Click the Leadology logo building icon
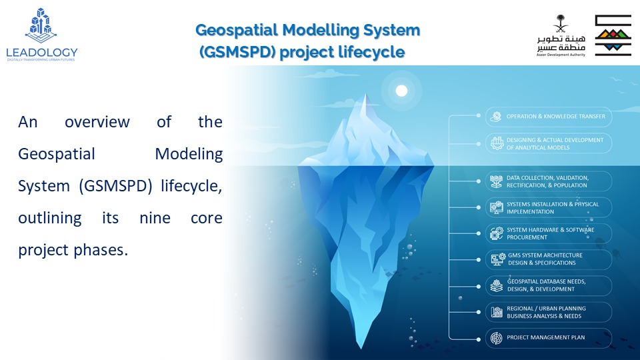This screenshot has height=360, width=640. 41,25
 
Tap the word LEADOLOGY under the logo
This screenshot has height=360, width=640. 41,52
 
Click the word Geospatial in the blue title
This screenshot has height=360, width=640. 236,30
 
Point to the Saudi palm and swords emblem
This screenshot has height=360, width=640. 561,24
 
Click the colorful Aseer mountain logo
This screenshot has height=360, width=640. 613,35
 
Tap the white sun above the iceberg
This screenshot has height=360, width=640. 401,91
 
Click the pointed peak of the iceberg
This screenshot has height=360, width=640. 365,94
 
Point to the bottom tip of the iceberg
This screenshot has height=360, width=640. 361,348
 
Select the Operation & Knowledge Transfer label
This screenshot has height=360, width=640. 556,116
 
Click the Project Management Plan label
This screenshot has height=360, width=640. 546,337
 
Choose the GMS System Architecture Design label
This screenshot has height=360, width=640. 545,259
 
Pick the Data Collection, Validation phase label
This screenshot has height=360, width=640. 547,181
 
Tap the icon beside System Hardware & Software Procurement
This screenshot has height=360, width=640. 497,233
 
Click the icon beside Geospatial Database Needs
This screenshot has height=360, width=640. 496,286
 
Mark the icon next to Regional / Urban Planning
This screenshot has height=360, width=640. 496,312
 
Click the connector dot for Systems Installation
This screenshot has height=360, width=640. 479,207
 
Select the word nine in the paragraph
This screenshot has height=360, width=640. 155,218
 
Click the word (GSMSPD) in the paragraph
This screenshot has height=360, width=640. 115,186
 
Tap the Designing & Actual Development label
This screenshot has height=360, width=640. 555,144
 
